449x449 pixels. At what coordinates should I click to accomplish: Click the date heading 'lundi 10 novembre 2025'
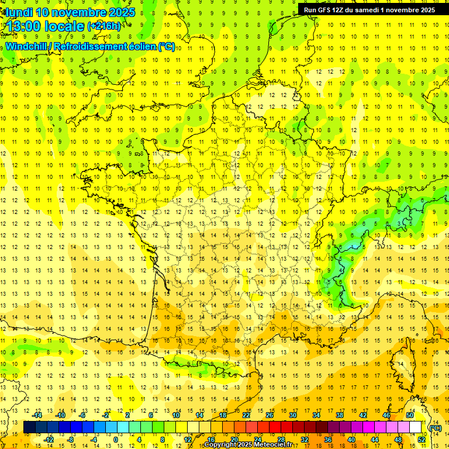click(71, 12)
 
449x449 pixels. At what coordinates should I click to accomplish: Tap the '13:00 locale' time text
click(46, 26)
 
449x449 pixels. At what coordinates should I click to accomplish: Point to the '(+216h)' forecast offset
click(103, 26)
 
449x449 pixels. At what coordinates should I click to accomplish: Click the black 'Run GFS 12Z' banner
click(369, 10)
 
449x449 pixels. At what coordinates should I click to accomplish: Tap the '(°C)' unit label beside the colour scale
click(435, 428)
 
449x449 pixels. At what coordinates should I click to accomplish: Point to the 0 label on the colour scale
click(115, 440)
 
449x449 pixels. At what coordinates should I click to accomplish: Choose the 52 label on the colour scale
click(421, 440)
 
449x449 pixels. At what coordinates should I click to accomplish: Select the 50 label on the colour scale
click(410, 415)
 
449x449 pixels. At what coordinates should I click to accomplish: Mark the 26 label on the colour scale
click(270, 415)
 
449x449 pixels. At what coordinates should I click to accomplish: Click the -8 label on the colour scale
click(71, 440)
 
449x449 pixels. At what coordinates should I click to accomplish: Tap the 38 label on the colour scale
click(340, 415)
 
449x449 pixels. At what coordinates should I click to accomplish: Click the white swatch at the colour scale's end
click(416, 427)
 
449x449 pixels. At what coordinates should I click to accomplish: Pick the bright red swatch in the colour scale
click(275, 427)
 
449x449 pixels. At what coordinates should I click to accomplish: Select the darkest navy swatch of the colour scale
click(30, 427)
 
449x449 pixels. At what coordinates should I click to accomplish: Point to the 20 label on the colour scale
click(234, 440)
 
